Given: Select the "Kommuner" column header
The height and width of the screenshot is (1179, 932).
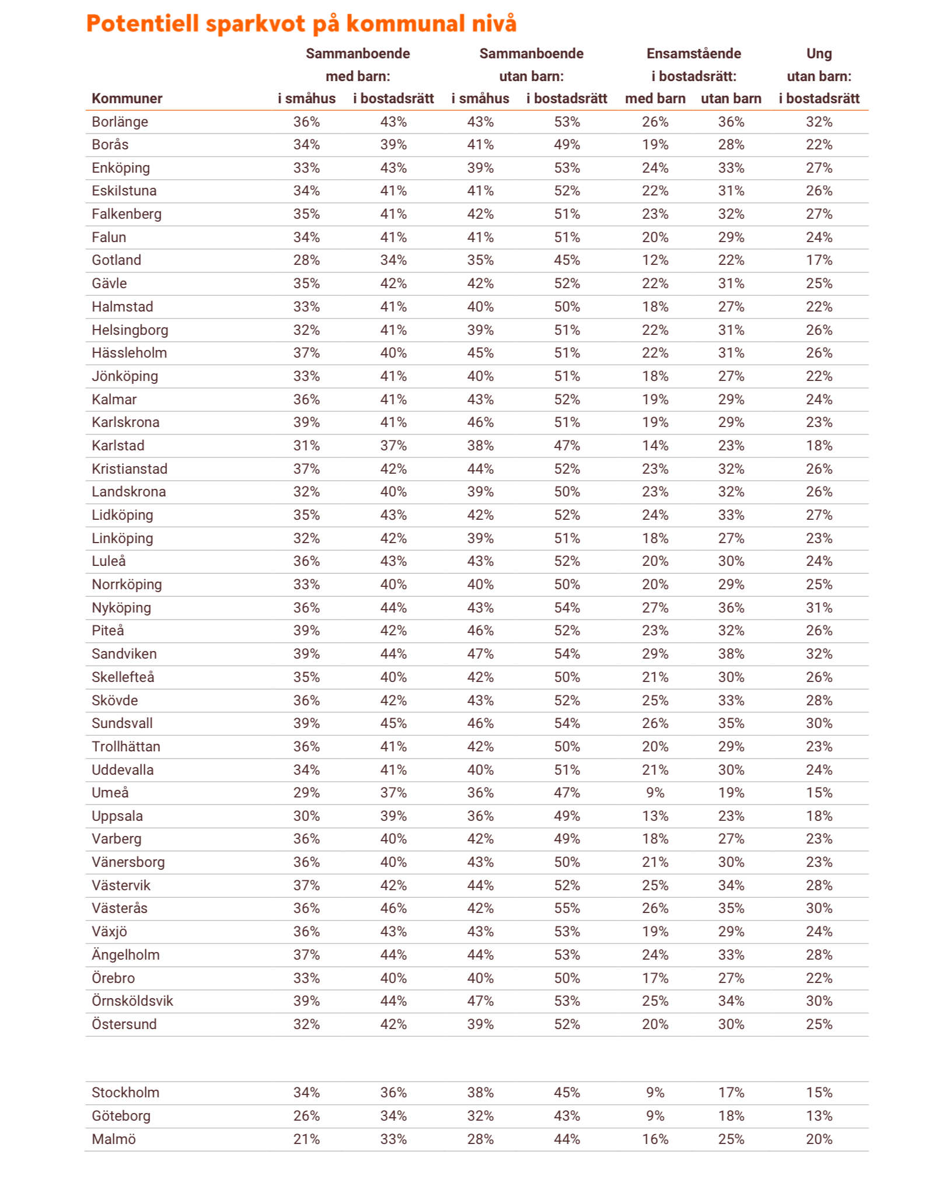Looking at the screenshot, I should (x=127, y=99).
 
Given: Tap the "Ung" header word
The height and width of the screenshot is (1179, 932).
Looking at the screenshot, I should (x=818, y=54).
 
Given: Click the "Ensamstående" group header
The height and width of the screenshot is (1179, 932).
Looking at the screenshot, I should (x=693, y=54).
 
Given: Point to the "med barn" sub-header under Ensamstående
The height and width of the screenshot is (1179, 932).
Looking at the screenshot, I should (x=655, y=99).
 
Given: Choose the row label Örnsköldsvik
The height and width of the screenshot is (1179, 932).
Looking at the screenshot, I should (x=132, y=1001).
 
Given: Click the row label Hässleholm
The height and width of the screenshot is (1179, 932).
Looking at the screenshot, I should (x=129, y=353).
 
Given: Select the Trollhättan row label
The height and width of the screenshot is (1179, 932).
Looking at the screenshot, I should (x=125, y=747).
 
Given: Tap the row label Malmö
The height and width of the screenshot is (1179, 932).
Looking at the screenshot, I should (x=114, y=1139).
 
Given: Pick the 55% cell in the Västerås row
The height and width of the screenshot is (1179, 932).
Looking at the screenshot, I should (x=567, y=908).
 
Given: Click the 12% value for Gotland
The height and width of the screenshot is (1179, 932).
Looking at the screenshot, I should (x=655, y=260).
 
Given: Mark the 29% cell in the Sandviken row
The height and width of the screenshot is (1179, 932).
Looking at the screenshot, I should (x=655, y=654).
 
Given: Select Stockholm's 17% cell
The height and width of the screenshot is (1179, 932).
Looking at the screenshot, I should (x=731, y=1093).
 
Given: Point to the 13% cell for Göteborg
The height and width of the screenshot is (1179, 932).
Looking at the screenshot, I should (x=819, y=1116).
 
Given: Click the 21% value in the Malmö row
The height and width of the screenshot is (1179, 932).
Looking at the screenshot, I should (x=306, y=1139).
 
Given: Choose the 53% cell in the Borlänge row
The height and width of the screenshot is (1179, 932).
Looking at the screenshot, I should (x=567, y=122).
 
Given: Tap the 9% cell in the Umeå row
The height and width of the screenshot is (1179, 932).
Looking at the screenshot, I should (x=655, y=793).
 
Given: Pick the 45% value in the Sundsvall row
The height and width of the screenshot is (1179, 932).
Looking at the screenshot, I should (x=393, y=723).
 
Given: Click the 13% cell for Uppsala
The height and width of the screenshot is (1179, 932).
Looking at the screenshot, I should (x=655, y=816).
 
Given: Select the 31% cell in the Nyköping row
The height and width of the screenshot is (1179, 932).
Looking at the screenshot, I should (x=819, y=608).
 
